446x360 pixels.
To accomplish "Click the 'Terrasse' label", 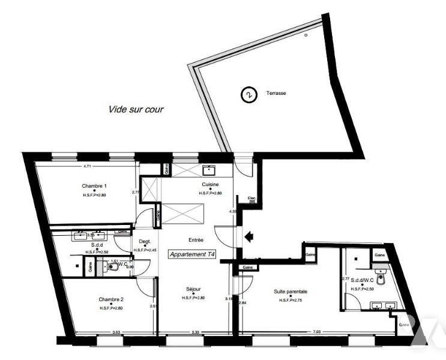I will pyautogui.click(x=276, y=94).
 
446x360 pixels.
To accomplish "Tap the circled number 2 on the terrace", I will pyautogui.click(x=247, y=94).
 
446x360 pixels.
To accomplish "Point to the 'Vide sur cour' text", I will pyautogui.click(x=136, y=110).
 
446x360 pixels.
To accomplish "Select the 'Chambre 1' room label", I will pyautogui.click(x=94, y=186).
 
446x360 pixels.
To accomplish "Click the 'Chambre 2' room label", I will pyautogui.click(x=111, y=299).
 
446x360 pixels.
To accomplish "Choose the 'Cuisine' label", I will pyautogui.click(x=210, y=185).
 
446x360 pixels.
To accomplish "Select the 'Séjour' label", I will pyautogui.click(x=193, y=289).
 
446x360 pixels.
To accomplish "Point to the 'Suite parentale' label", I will pyautogui.click(x=291, y=291).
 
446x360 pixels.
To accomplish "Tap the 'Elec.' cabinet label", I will pyautogui.click(x=252, y=199).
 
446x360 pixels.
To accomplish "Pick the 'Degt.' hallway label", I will pyautogui.click(x=144, y=242).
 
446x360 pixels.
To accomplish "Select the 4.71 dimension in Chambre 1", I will pyautogui.click(x=86, y=166).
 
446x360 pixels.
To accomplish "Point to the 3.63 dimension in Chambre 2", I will pyautogui.click(x=108, y=331).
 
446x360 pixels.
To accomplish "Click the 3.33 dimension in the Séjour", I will pyautogui.click(x=196, y=331).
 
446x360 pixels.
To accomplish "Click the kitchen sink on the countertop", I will pyautogui.click(x=211, y=170).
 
